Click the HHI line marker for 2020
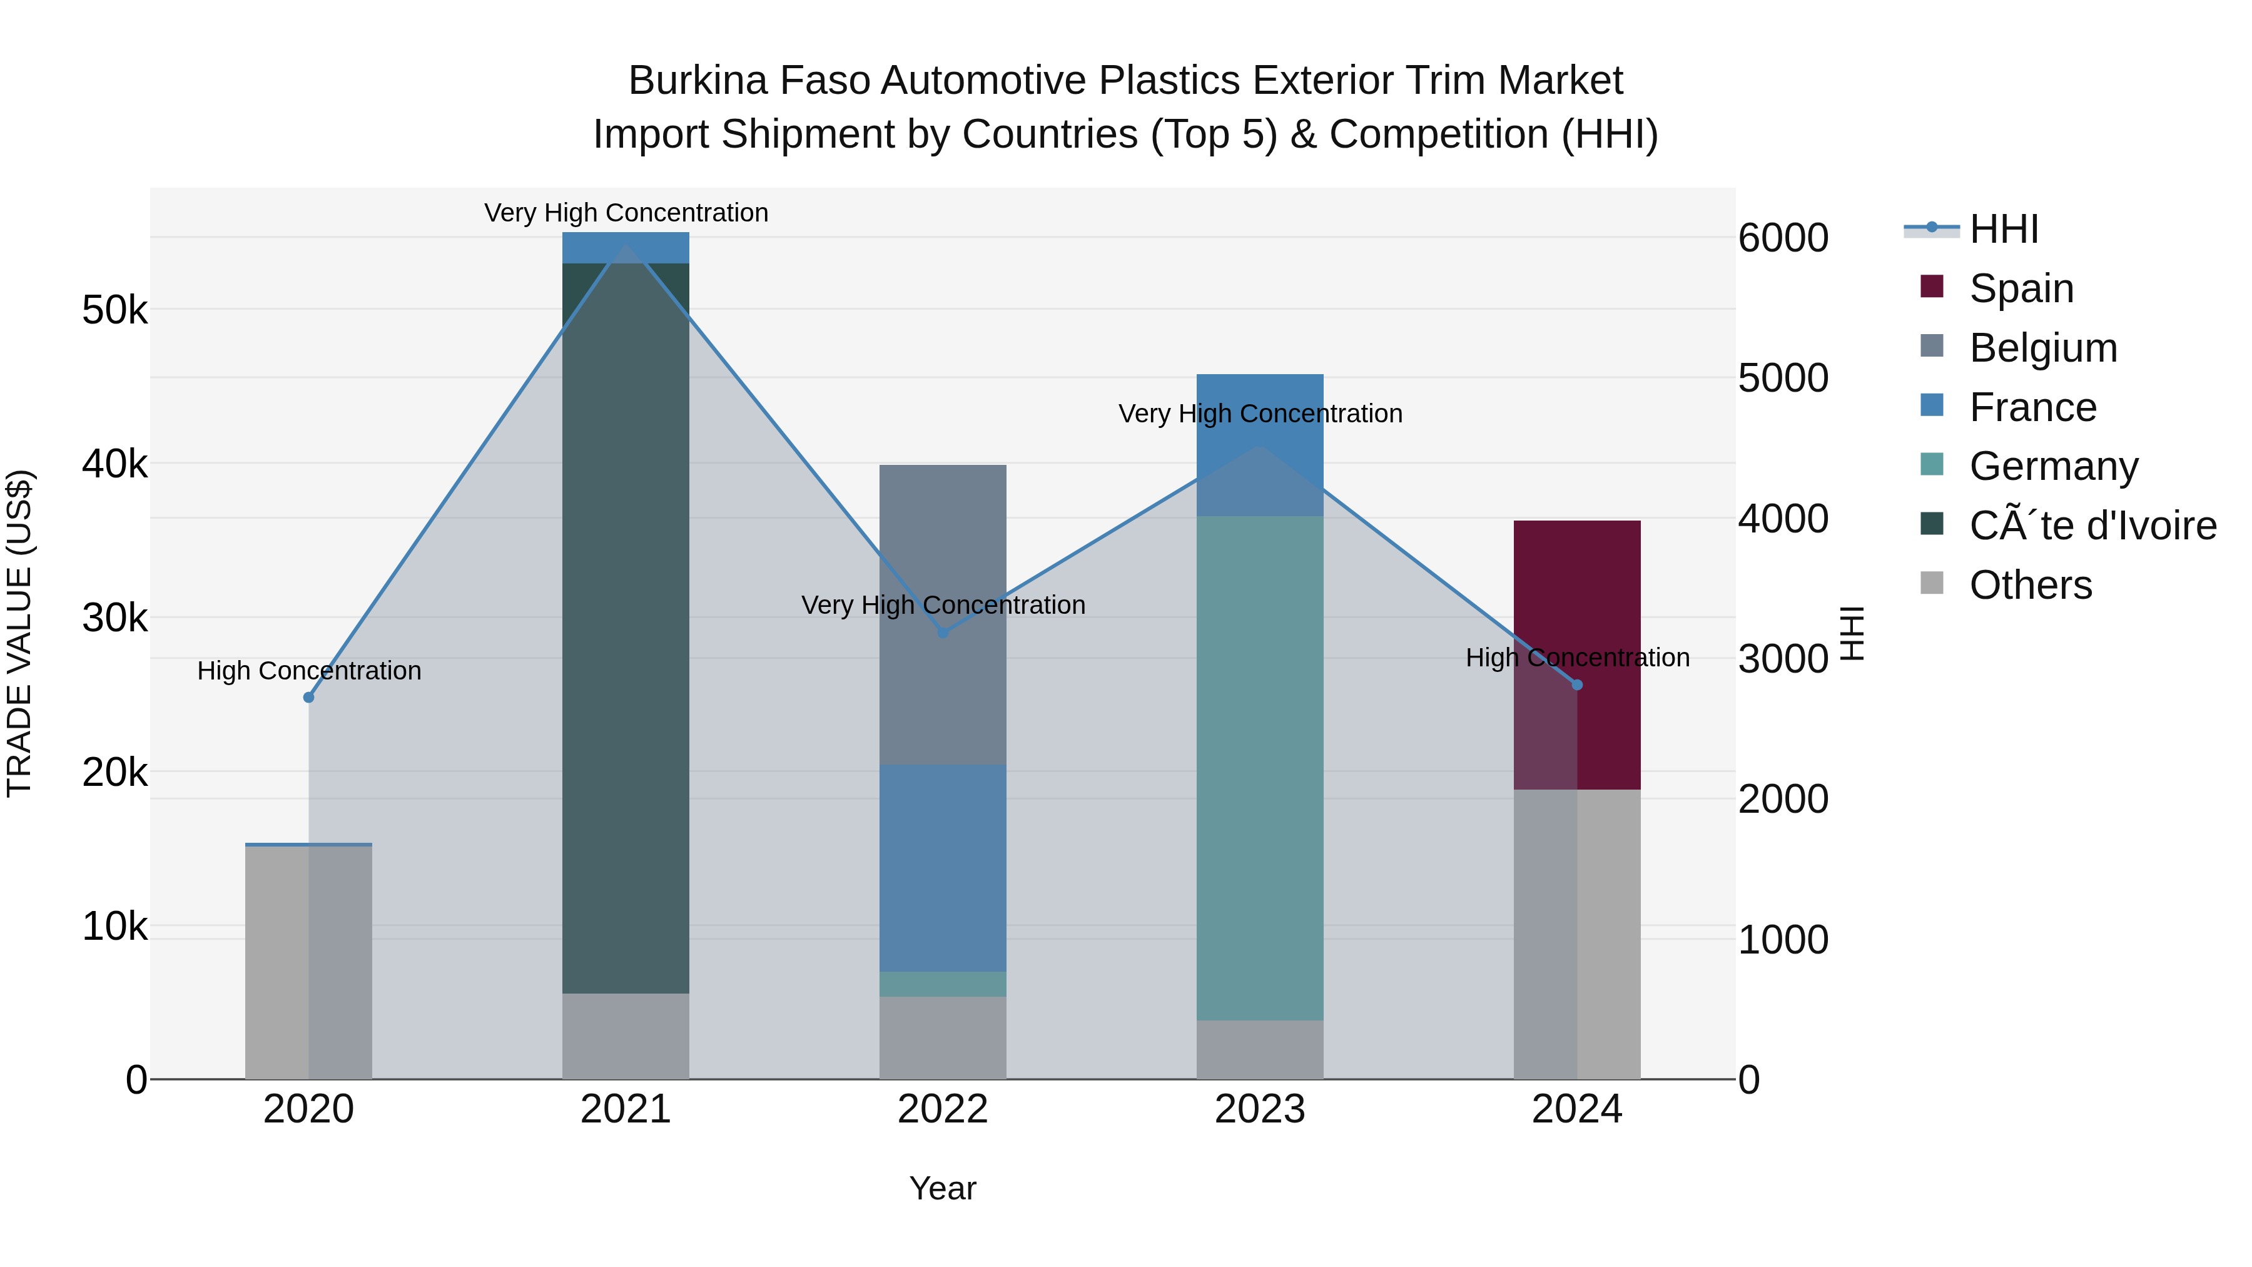(x=308, y=697)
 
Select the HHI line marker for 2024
(x=1577, y=684)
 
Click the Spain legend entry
(x=2021, y=288)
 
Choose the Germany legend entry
(x=2052, y=466)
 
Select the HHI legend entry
(x=2003, y=229)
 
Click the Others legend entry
(x=2030, y=585)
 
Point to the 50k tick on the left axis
(x=114, y=310)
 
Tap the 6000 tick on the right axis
(x=1783, y=238)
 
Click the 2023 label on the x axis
(x=1260, y=1109)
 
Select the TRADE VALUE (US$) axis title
(x=19, y=633)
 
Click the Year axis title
(x=943, y=1188)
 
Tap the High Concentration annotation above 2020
(x=308, y=671)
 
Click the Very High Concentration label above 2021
(x=626, y=213)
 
